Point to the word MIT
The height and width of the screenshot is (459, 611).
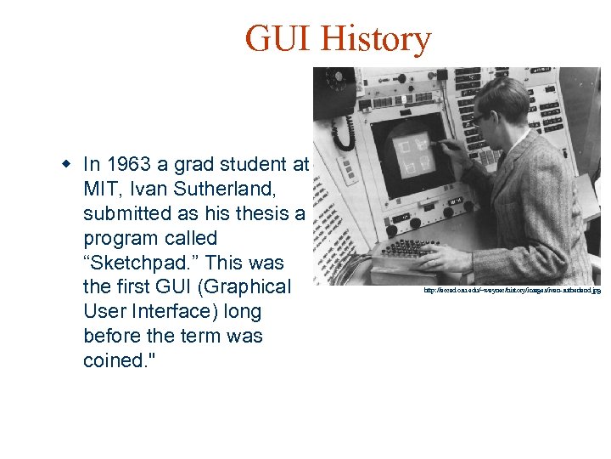[x=101, y=189]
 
